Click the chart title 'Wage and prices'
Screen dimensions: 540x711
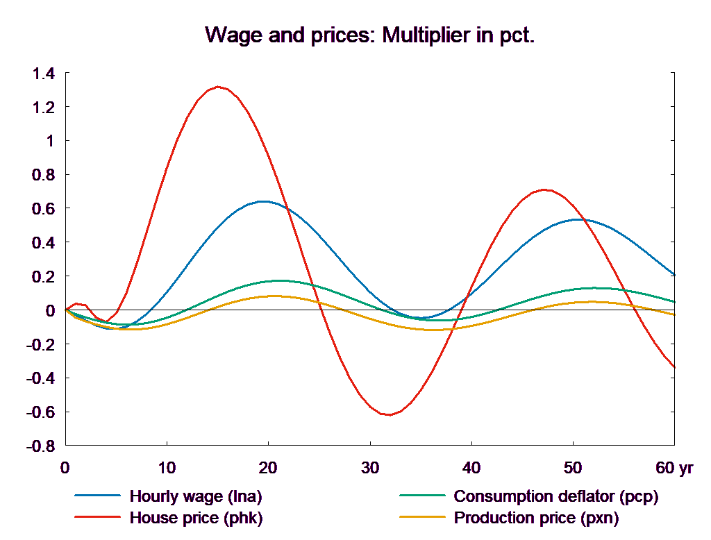370,35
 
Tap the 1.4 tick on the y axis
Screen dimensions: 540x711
43,74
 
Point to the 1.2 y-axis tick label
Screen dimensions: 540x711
43,108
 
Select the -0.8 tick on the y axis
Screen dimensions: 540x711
40,446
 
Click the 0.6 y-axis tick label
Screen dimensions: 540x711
43,209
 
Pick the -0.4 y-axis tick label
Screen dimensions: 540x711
40,378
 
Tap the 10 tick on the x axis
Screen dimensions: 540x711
167,468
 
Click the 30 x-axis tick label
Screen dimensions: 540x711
370,468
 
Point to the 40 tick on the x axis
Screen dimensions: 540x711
471,468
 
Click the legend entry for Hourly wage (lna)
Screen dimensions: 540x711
196,496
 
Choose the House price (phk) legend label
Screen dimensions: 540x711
196,518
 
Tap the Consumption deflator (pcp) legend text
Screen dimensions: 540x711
555,496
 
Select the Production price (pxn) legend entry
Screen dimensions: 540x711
536,518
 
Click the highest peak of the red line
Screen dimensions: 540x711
219,87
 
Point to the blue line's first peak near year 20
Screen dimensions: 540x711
265,201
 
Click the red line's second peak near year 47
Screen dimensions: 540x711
544,189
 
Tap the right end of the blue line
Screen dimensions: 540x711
675,275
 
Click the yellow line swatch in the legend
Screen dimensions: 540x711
422,518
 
